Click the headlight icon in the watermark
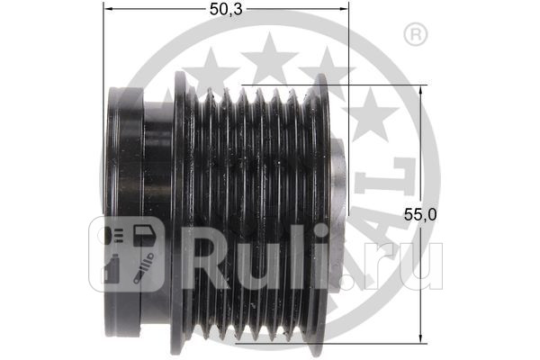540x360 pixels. pyautogui.click(x=114, y=237)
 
